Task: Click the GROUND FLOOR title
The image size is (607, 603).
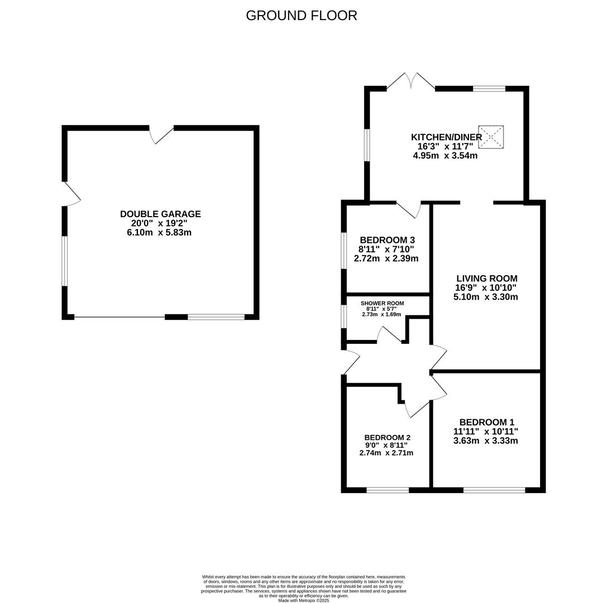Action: coord(301,16)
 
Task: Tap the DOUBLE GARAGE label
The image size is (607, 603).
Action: coord(160,214)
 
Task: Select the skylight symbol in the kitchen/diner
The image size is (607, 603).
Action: coord(491,137)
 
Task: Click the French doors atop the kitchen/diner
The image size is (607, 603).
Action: coord(411,82)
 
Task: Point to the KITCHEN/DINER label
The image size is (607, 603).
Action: coord(446,137)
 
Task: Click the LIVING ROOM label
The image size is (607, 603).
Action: coord(486,278)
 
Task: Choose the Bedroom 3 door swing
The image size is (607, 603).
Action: coord(409,209)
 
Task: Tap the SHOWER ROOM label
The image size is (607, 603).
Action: coord(382,303)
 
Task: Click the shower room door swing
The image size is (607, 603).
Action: coord(389,334)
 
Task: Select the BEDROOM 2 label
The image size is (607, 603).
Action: coord(387,438)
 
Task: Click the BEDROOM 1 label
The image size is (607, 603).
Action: coord(486,422)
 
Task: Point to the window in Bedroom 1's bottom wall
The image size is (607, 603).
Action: coord(494,490)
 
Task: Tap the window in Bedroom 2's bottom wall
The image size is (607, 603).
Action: coord(388,490)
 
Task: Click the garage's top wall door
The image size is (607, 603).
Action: coord(161,135)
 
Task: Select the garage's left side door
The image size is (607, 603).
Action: coord(71,194)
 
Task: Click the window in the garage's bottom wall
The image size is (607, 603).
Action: coord(216,317)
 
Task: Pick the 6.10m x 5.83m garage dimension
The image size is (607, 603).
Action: coord(159,233)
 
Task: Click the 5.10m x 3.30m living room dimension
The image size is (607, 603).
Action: coord(485,297)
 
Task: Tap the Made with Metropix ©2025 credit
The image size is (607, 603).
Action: coord(304,601)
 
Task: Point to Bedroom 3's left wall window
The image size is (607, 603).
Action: coord(343,250)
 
